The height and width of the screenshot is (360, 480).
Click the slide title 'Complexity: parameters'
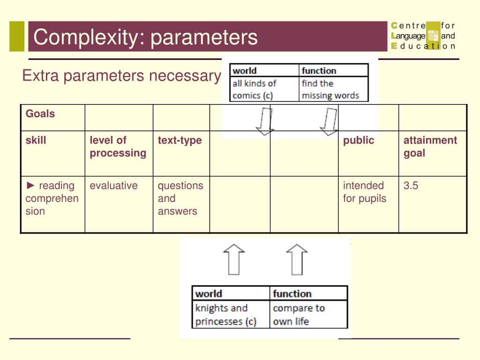coord(145,37)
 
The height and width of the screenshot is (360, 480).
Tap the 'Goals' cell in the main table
coord(40,114)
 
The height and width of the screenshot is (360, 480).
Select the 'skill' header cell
coord(36,140)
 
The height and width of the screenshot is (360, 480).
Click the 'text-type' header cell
coord(180,140)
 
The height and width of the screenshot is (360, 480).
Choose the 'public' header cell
coord(359,140)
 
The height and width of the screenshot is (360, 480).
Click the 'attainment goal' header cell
coord(430,147)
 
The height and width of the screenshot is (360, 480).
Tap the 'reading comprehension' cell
coord(52,198)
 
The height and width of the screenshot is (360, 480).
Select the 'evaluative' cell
coord(114,186)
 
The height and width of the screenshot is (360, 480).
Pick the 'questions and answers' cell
coord(180,198)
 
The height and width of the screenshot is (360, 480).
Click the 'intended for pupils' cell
coord(364,192)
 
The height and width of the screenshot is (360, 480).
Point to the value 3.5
coord(411,186)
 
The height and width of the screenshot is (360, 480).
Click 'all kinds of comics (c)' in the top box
coord(255,90)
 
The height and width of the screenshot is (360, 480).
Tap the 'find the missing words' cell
coord(330,90)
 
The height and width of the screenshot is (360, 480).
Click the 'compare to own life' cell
coord(299,315)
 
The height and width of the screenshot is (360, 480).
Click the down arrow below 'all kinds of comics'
coord(265,121)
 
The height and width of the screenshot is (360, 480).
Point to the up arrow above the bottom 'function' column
coord(297,259)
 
